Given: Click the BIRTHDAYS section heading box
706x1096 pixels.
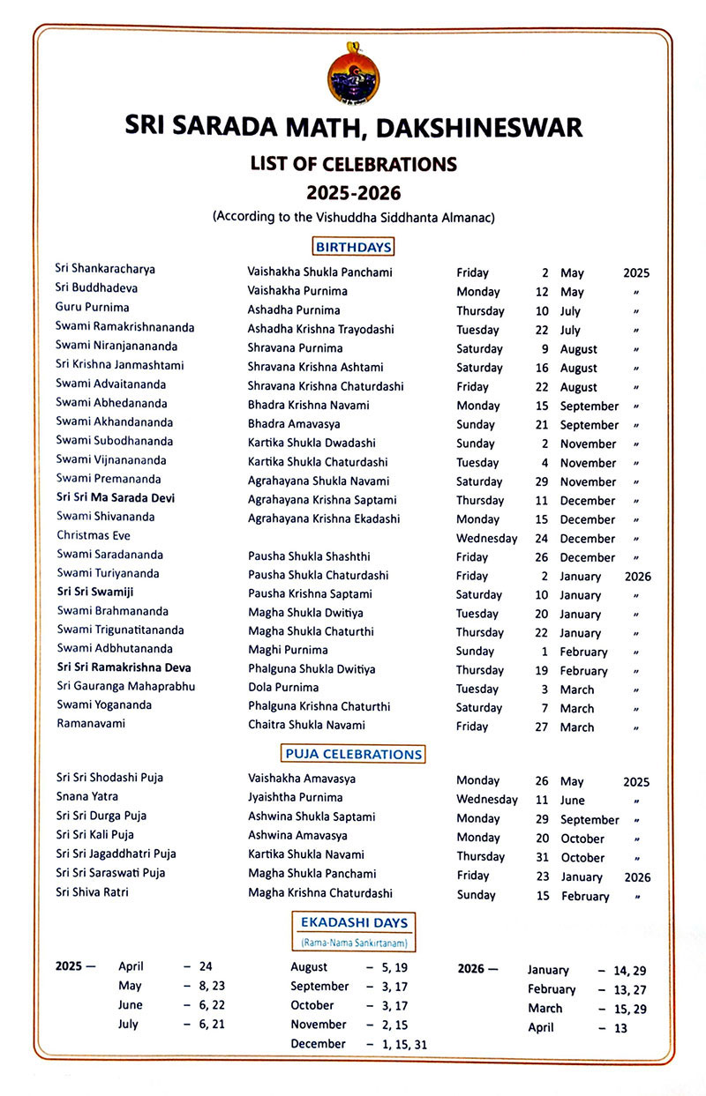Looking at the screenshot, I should (x=353, y=247).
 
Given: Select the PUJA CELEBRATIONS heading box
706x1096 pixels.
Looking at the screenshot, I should (x=353, y=754).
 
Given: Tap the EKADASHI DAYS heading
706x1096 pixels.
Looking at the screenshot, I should (x=354, y=922).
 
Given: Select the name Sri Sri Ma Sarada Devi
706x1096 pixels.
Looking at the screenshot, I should (x=116, y=497).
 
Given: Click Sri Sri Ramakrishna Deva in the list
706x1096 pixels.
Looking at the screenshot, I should (x=124, y=667).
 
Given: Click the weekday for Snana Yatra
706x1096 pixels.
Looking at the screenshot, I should (x=486, y=800).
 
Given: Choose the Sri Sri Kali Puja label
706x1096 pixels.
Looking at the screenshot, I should (x=95, y=834).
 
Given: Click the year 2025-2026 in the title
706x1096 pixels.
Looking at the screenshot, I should (x=353, y=190).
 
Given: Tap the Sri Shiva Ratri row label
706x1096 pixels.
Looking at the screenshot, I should (x=92, y=892).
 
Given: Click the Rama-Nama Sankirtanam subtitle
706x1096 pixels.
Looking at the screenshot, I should (x=354, y=943).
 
